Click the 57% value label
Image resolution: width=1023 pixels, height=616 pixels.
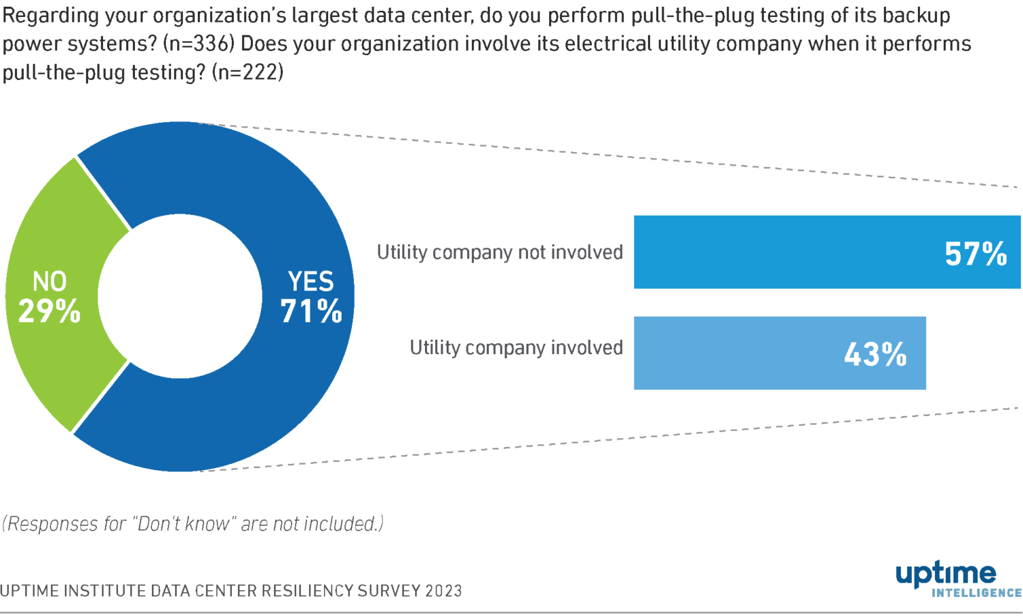coord(975,254)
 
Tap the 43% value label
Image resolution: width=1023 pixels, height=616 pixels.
coord(875,354)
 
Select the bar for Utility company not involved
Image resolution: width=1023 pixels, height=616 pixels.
coord(784,252)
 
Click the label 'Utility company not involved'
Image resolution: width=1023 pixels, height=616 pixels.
coord(500,252)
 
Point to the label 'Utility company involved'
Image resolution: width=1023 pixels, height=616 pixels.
coord(516,348)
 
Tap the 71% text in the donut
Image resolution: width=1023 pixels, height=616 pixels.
coord(311,312)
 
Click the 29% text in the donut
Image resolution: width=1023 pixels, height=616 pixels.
coord(49,312)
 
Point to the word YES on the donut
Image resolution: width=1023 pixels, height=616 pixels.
coord(311,281)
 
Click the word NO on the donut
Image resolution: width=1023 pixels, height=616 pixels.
coord(50,281)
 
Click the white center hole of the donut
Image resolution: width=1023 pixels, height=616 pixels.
coord(180,296)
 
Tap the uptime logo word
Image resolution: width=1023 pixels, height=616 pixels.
coord(946,574)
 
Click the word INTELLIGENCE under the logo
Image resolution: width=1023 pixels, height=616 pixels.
coord(976,593)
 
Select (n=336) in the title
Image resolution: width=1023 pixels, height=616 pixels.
coord(199,44)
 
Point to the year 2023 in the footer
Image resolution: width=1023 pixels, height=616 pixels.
coord(443,591)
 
